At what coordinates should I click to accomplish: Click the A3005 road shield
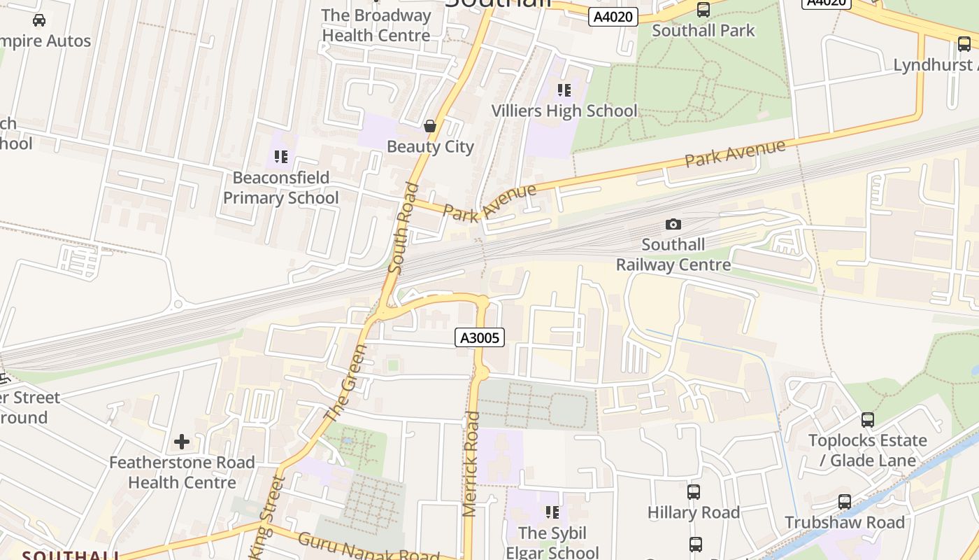480,338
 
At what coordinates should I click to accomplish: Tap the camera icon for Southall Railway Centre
673,224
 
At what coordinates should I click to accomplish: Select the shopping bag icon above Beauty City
430,126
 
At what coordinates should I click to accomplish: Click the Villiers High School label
564,111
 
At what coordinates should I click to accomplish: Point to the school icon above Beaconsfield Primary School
281,157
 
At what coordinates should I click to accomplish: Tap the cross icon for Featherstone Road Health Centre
182,442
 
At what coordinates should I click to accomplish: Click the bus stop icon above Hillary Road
693,492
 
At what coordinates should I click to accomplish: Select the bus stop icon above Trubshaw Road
845,502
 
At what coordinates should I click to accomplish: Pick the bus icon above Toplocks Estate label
868,420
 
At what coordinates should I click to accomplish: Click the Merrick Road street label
471,464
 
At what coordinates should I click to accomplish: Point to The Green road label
346,382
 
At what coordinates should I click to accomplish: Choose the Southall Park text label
703,31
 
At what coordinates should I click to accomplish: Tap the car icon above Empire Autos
39,20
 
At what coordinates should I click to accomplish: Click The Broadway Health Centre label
376,25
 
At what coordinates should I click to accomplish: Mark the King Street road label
269,518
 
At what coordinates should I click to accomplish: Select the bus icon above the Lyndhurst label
964,44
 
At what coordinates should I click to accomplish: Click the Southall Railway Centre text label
673,255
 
